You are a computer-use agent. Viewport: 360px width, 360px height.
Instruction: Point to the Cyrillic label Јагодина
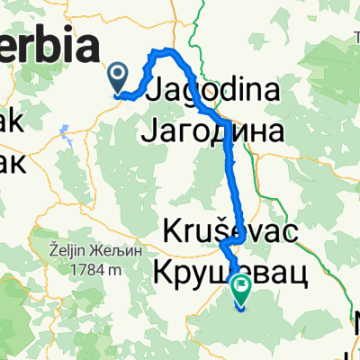tap(214, 131)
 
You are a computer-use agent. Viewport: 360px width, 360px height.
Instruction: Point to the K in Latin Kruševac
tap(173, 230)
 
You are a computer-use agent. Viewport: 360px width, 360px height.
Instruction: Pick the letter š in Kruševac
tap(222, 230)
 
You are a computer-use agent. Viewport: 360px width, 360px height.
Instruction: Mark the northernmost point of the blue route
tap(164, 49)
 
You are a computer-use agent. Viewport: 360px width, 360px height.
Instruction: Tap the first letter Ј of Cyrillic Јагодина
tap(150, 132)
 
